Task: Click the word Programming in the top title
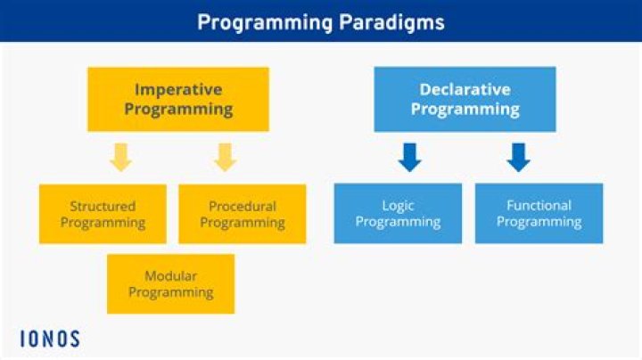[x=259, y=21]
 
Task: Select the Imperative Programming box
[x=178, y=99]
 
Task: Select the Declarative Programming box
[x=465, y=99]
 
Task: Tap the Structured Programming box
[x=103, y=214]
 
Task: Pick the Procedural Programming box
[x=243, y=214]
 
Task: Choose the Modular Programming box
[x=170, y=283]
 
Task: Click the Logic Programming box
[x=398, y=214]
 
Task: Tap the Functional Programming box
[x=539, y=214]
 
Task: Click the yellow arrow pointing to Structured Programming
[x=121, y=158]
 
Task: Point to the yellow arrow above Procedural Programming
[x=225, y=158]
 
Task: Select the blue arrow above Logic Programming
[x=411, y=158]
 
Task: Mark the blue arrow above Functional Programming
[x=518, y=158]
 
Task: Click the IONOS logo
[x=50, y=339]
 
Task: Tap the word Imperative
[x=178, y=89]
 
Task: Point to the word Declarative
[x=465, y=89]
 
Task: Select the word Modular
[x=170, y=275]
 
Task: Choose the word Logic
[x=398, y=206]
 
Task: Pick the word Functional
[x=539, y=206]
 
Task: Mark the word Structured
[x=103, y=206]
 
